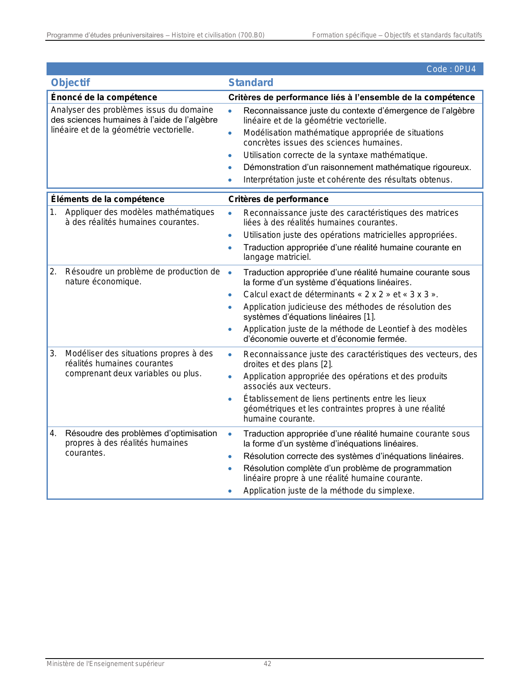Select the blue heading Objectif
pos(70,83)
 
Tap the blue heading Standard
pos(251,83)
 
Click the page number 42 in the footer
pos(267,664)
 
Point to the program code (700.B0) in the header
pos(251,35)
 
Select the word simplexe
pos(396,491)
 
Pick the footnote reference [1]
pos(370,317)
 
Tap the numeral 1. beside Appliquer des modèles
pos(53,212)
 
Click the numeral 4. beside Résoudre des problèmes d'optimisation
pos(53,434)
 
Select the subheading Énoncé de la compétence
pos(104,97)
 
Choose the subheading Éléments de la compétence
pos(108,199)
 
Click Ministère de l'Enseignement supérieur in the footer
pos(105,664)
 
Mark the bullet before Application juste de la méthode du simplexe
pos(230,491)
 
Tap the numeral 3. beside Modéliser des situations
pos(53,354)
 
